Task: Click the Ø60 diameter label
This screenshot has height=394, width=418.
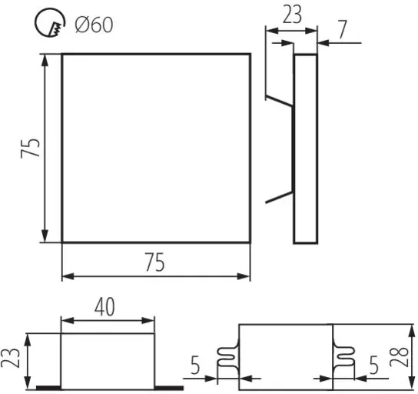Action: point(94,25)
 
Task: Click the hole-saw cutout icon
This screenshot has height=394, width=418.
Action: point(50,22)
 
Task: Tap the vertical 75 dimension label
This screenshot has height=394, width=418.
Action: point(30,149)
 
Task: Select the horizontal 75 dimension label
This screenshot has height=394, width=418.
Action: point(154,262)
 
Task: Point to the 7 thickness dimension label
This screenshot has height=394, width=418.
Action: point(343,29)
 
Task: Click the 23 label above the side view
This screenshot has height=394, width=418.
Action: point(292,15)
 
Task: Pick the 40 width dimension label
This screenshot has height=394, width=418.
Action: point(104,307)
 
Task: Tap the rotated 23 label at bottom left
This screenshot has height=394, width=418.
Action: point(10,358)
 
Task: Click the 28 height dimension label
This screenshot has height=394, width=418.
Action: point(399,357)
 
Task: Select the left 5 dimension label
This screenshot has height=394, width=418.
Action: point(195,366)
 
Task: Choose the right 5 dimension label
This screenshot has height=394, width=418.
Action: point(373,365)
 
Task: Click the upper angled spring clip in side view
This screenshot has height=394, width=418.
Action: point(280,101)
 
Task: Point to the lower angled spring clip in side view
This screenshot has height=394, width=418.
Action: point(280,197)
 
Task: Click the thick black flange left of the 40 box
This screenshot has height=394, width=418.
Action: point(48,388)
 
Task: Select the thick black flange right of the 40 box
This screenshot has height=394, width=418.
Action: point(169,388)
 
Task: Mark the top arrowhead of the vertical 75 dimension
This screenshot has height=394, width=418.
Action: point(45,60)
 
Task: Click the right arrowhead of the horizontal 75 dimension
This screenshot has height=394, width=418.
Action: point(243,276)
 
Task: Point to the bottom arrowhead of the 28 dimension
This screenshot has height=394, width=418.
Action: point(411,383)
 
